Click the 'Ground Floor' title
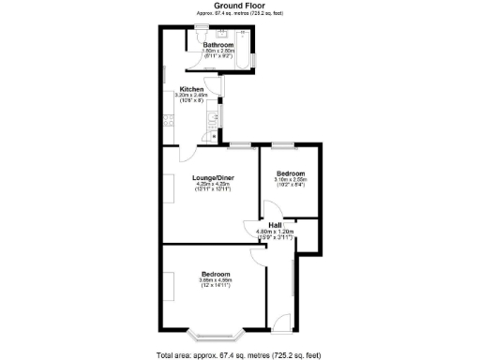239,6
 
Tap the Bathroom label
218,44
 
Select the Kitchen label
192,90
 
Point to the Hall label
276,225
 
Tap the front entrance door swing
280,324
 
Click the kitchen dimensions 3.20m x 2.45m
192,97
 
